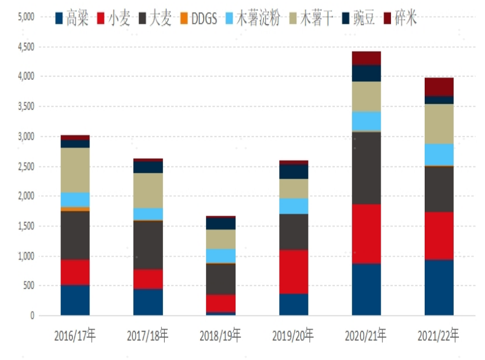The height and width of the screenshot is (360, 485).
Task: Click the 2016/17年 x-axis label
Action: point(75,335)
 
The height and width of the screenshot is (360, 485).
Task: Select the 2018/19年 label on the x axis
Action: point(220,335)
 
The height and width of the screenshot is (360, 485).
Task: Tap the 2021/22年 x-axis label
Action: point(439,335)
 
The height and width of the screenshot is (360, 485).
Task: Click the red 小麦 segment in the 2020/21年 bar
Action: point(366,234)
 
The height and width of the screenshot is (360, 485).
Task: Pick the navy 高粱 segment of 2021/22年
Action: point(439,288)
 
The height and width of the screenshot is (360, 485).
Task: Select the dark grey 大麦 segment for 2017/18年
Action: point(148,245)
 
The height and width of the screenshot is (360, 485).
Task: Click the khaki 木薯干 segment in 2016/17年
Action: point(75,170)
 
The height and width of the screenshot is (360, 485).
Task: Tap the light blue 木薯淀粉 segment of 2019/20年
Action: point(294,206)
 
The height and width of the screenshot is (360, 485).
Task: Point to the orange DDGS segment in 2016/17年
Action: point(75,209)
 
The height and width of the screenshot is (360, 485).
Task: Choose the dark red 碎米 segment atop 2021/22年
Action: point(439,86)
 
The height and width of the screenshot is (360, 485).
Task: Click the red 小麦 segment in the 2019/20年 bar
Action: point(294,271)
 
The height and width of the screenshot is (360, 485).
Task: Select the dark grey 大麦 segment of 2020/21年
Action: point(366,168)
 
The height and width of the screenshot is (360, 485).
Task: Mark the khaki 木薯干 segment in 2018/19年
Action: point(220,239)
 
